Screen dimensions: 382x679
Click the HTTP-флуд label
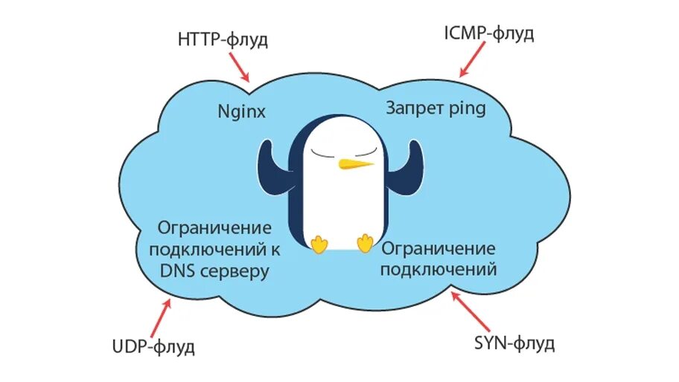point(223,40)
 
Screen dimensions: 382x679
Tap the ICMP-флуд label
point(489,34)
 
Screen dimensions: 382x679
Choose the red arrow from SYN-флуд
point(470,311)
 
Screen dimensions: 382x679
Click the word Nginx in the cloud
point(241,112)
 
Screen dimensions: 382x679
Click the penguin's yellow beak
point(354,164)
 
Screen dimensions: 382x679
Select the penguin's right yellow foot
point(365,243)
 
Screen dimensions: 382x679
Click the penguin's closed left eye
point(325,152)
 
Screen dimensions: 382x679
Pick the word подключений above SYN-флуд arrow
point(438,269)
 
